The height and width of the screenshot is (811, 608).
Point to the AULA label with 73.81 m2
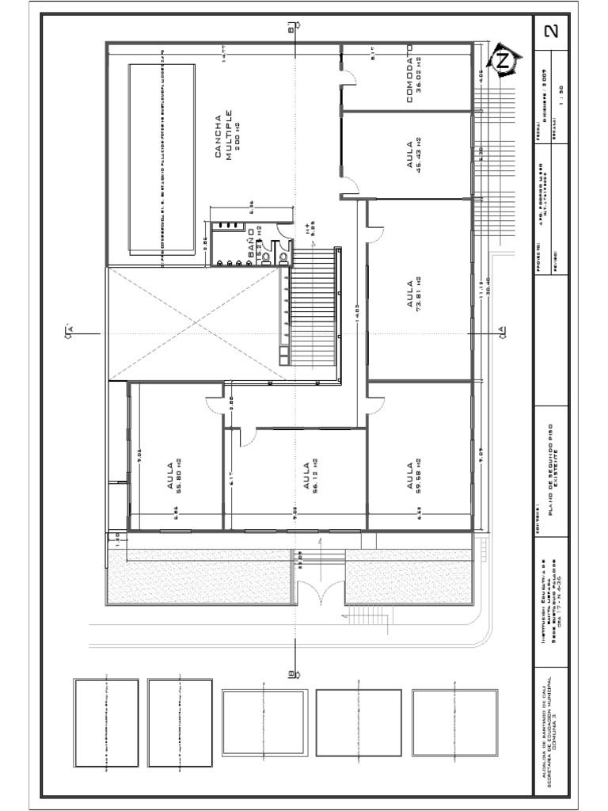click(x=410, y=294)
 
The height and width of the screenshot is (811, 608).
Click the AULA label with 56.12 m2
click(x=306, y=474)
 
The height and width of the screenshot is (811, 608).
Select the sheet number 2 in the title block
click(x=552, y=32)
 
